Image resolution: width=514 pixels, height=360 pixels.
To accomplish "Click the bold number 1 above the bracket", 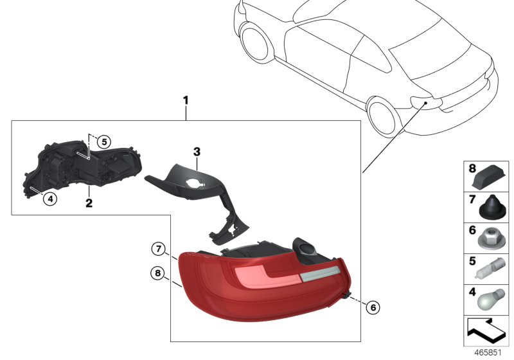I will point(186,100).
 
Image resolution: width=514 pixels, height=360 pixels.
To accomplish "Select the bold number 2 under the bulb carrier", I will point(89,203).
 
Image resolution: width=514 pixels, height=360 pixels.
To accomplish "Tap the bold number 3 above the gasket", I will point(197,152).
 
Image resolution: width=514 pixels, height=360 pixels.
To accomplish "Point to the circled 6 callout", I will point(371,307).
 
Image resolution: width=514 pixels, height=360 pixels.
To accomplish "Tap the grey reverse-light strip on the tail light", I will point(319,274).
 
